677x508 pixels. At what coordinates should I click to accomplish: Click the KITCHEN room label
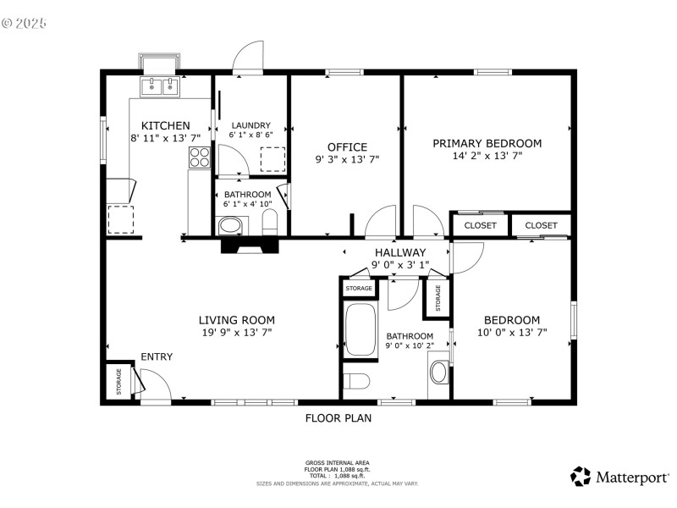[165, 125]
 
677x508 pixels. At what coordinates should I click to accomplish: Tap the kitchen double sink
[160, 86]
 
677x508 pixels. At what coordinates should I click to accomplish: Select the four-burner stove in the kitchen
[200, 157]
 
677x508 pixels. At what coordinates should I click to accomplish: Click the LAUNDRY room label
[250, 124]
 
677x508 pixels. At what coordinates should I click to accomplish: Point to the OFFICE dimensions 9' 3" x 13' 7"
[347, 159]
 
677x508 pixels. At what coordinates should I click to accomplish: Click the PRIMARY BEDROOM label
[487, 143]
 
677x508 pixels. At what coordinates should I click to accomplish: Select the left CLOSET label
[480, 225]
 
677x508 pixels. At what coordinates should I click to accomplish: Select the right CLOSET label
[541, 225]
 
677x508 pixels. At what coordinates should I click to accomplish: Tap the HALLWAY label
[400, 252]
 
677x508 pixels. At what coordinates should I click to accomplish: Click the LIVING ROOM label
[237, 319]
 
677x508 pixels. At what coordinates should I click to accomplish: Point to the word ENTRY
[157, 356]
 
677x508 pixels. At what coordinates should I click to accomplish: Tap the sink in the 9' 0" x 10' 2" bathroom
[439, 372]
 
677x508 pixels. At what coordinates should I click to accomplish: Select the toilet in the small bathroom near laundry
[271, 224]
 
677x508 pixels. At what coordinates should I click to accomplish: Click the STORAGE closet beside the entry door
[118, 381]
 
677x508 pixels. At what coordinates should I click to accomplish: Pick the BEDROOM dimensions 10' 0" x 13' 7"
[511, 333]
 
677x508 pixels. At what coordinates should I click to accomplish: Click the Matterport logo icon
[581, 477]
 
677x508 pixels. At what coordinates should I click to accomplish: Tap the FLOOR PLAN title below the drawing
[338, 417]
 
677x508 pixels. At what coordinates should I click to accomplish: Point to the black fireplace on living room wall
[249, 245]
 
